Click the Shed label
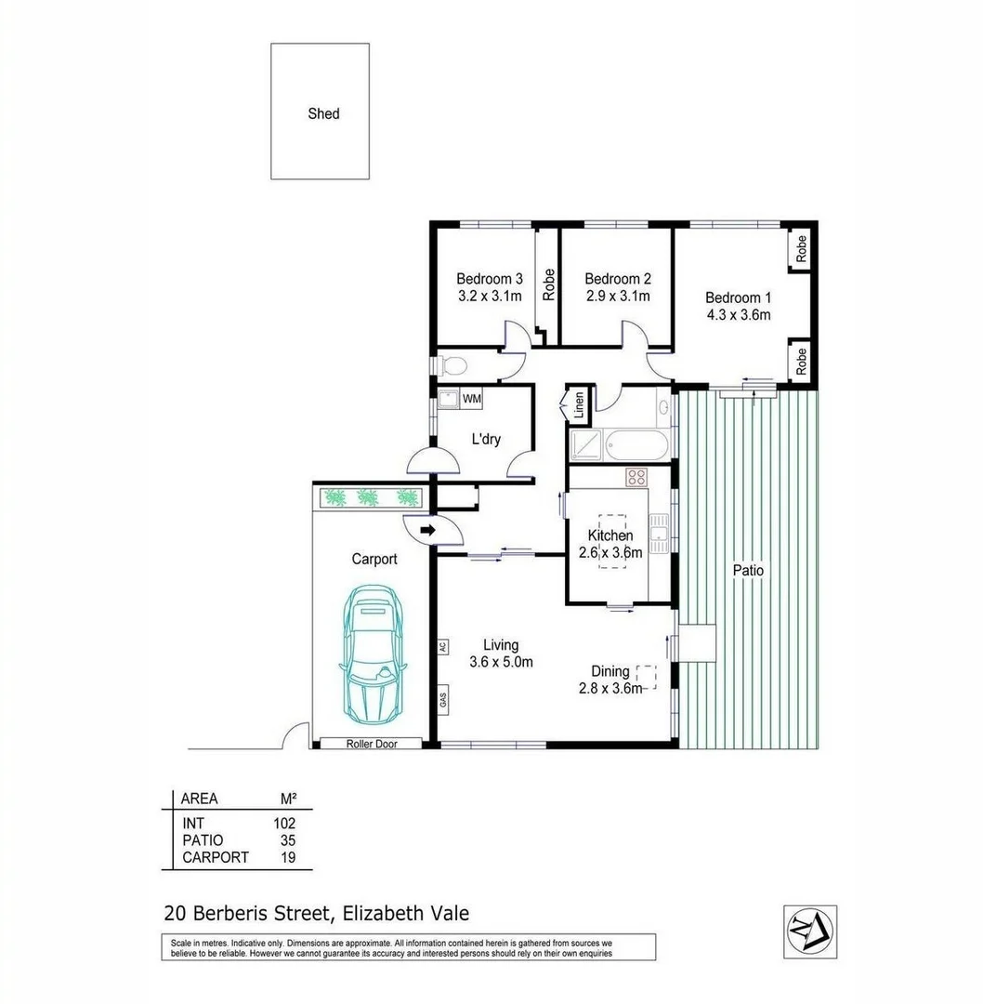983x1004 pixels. click(x=323, y=113)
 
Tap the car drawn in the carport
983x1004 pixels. click(x=375, y=654)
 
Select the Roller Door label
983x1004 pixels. click(x=372, y=744)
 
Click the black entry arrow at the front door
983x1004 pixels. click(x=428, y=530)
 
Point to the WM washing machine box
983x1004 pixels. click(x=472, y=399)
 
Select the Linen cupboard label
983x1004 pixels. click(x=579, y=403)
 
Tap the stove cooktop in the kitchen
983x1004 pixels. click(x=637, y=478)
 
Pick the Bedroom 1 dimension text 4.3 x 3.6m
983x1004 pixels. click(x=738, y=315)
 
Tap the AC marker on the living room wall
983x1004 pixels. click(x=443, y=646)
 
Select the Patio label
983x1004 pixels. click(x=749, y=570)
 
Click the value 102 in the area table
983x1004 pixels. click(x=283, y=823)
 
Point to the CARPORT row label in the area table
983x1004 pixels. click(x=215, y=857)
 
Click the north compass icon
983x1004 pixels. click(x=809, y=931)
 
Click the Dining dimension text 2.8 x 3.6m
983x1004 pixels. click(x=607, y=688)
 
